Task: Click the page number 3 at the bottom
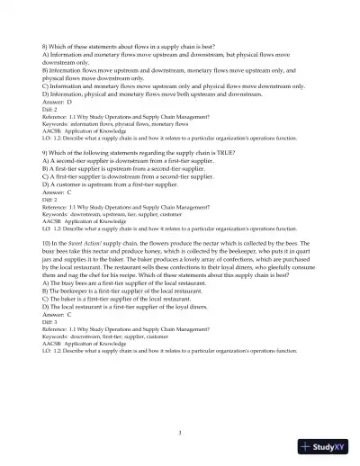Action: click(x=180, y=433)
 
